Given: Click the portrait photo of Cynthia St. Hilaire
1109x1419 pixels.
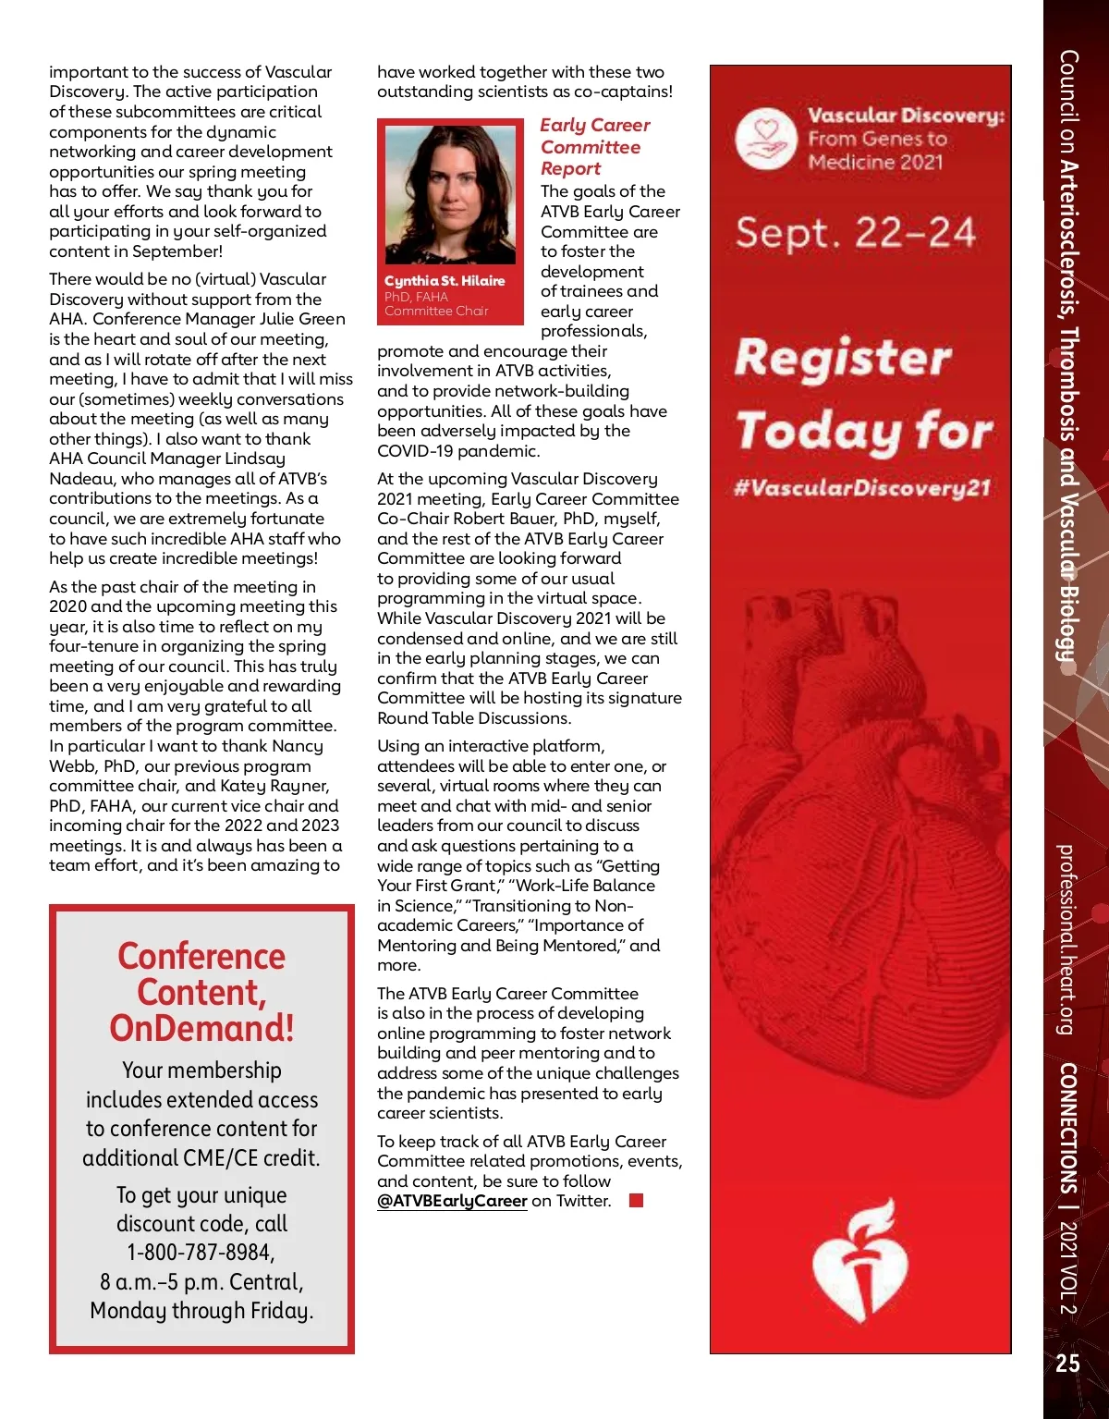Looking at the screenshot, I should point(450,194).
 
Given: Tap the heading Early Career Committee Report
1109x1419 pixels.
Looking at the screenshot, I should point(594,146).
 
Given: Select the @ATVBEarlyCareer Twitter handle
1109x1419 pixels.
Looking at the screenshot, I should point(452,1201).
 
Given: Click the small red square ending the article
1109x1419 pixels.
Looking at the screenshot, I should point(636,1201).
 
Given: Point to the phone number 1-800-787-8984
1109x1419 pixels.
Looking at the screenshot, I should point(201,1253).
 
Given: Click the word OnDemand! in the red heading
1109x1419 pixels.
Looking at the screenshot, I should point(201,1028).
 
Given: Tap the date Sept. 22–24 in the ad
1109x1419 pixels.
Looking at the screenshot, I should point(855,232).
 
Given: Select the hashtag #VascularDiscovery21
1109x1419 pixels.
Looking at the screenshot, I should point(861,487).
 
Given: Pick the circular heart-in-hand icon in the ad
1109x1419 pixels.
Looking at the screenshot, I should point(766,139).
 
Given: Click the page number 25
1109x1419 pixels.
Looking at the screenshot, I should point(1067,1363).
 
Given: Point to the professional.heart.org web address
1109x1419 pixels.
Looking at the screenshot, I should point(1066,938).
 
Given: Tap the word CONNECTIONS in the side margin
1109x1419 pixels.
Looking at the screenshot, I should point(1068,1128).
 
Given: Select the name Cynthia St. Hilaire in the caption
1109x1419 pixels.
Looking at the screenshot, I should point(445,281).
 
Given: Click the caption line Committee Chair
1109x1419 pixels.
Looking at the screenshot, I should point(436,312).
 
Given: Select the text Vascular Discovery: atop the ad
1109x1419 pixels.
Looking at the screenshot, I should point(906,116).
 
